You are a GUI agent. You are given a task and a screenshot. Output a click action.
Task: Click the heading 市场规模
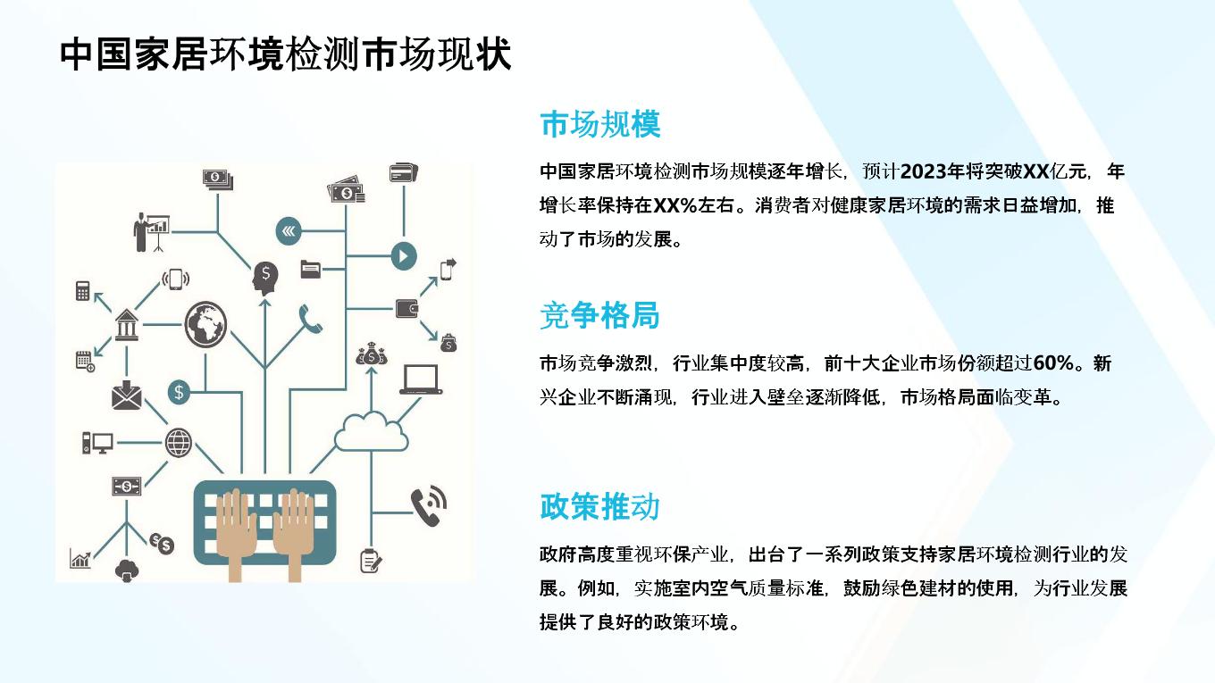pos(600,124)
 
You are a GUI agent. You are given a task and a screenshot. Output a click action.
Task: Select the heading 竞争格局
pos(599,315)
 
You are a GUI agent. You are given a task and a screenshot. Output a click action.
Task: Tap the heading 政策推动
pos(599,507)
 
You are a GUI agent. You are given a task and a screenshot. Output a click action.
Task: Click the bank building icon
pos(126,324)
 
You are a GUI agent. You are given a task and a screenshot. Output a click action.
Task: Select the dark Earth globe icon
pos(205,324)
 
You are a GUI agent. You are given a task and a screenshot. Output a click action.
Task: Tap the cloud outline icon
pos(371,432)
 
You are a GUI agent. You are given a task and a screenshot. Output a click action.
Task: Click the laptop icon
pos(421,379)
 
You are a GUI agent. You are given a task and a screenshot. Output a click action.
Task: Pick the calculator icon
pos(82,290)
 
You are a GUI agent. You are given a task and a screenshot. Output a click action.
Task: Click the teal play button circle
pos(404,256)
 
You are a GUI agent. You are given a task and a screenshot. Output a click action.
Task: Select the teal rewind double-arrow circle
pos(289,231)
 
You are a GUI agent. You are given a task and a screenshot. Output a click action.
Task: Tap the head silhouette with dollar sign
pos(265,278)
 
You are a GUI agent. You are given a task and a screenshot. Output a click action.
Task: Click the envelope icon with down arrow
pos(126,396)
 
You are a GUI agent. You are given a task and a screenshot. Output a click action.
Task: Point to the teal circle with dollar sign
pos(179,391)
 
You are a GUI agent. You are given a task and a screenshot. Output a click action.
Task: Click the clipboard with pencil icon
pos(371,561)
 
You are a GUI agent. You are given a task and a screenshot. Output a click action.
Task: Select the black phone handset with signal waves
pos(429,505)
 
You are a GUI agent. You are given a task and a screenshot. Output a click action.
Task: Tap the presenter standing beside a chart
pos(151,232)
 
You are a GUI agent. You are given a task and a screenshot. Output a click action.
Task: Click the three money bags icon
pos(372,354)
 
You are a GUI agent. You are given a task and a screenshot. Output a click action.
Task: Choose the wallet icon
pos(406,308)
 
